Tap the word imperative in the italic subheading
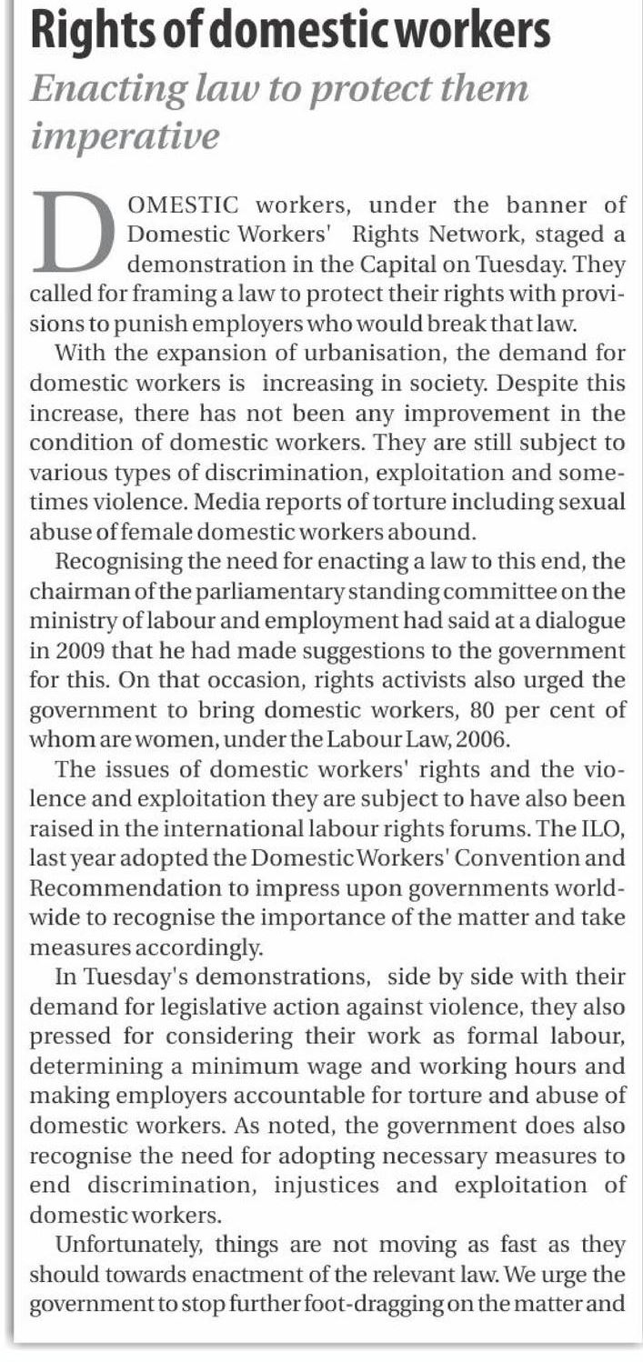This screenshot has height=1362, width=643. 126,136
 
